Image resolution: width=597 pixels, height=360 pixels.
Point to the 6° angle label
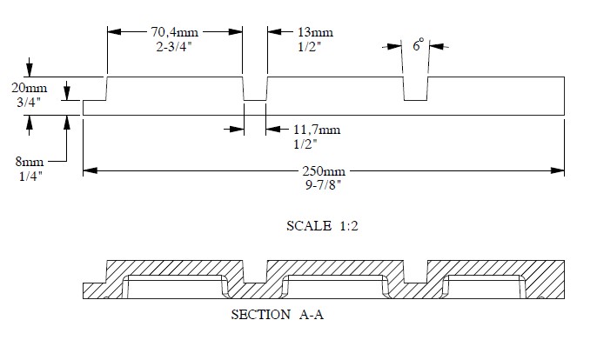419,45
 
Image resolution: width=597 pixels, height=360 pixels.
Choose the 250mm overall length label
323,171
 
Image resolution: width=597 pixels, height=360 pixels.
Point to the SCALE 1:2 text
323,226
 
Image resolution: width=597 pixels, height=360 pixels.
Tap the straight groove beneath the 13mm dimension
255,88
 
